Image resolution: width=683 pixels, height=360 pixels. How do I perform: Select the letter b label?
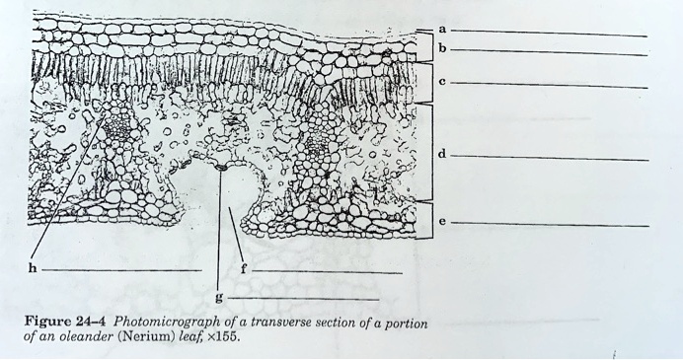442,48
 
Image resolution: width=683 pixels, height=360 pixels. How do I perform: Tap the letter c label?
442,84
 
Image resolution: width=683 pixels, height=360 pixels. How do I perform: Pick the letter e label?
442,222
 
